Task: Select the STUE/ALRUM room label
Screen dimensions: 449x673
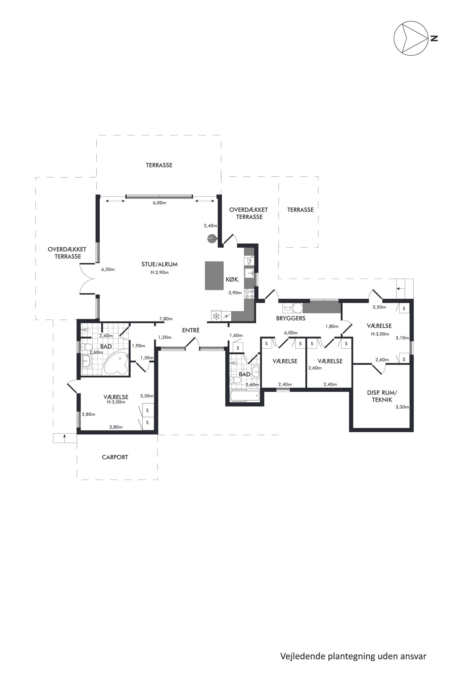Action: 160,264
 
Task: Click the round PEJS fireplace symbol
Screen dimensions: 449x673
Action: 211,238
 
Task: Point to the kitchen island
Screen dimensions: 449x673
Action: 214,275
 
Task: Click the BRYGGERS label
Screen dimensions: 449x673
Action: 291,318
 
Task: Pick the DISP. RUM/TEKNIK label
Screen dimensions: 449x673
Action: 382,396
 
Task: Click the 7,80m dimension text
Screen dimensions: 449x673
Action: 166,319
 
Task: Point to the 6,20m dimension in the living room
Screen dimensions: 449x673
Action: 108,269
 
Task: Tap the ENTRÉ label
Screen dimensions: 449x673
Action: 191,330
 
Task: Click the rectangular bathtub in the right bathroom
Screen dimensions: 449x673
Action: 245,396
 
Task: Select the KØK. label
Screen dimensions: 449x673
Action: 232,280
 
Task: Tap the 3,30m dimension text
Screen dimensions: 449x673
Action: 402,407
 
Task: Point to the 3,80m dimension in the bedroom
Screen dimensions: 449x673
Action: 116,427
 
